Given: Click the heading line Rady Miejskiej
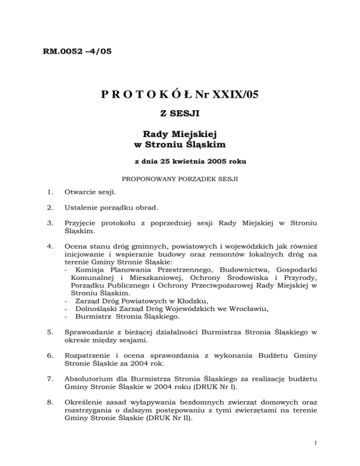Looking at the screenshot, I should tap(180, 135).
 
